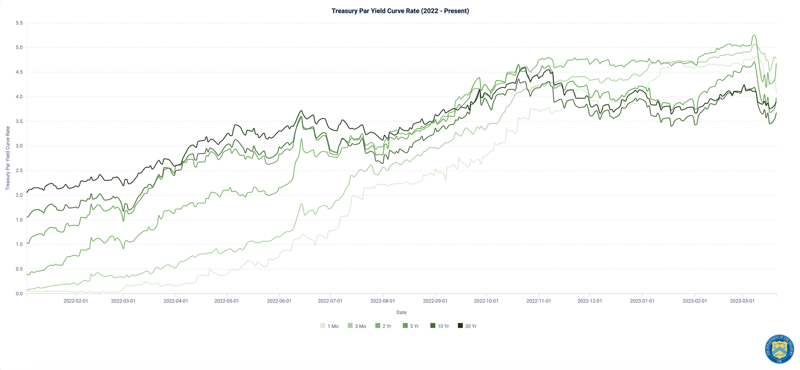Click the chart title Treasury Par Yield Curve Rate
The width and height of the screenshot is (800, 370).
point(400,11)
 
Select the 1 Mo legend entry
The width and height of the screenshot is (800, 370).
point(330,326)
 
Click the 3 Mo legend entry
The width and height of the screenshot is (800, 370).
point(357,326)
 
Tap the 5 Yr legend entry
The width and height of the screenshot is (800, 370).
point(411,326)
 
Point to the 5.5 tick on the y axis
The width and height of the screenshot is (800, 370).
point(19,23)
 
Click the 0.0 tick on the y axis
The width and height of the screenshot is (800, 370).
point(19,293)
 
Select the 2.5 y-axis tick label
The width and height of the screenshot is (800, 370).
point(19,170)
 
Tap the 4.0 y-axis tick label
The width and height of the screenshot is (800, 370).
point(19,97)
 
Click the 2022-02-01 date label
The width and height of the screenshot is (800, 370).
point(75,301)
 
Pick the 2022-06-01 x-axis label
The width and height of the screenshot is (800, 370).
point(279,301)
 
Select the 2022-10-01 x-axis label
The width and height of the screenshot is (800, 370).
point(486,301)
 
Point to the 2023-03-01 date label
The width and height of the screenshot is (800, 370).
point(742,301)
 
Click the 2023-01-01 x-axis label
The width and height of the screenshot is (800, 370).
point(642,301)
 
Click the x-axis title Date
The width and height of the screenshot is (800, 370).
point(401,312)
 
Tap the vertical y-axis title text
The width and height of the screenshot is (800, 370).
point(8,158)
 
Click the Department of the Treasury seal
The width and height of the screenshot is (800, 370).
point(779,349)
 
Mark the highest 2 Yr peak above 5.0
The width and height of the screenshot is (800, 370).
point(754,35)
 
